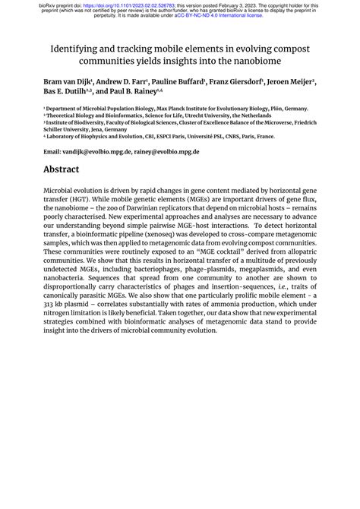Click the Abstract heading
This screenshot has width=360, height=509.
(66, 170)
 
